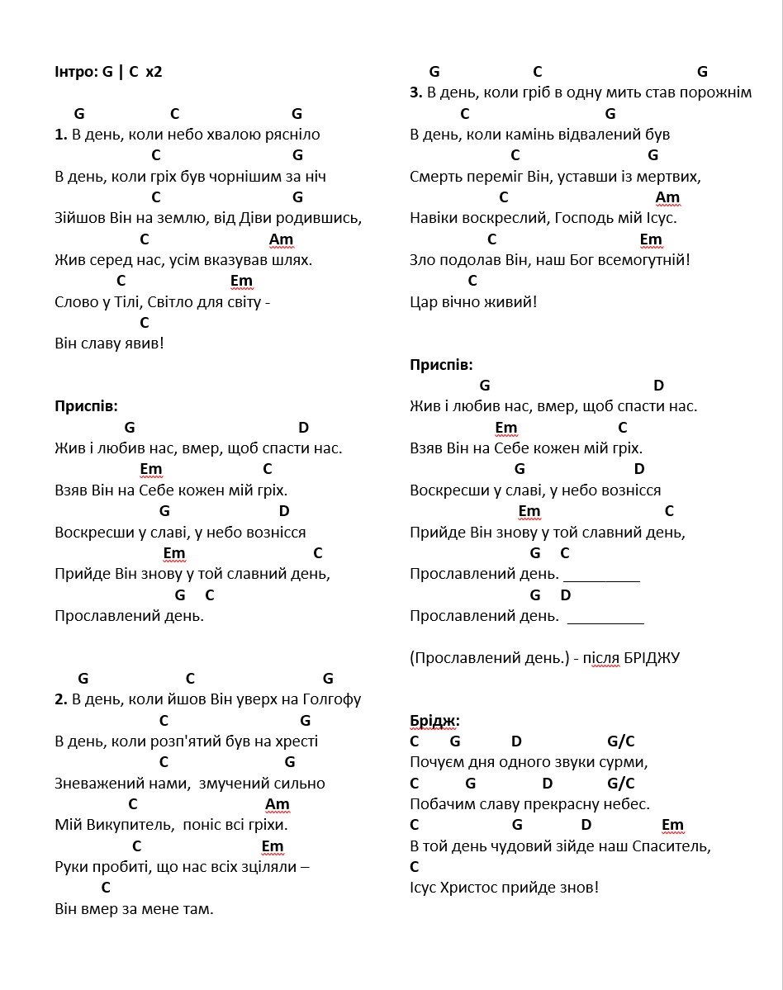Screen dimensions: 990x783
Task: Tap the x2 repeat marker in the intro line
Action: point(154,72)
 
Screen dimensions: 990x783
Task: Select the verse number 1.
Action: point(60,135)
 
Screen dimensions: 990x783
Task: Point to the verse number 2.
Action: point(60,699)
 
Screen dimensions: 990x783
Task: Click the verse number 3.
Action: point(415,92)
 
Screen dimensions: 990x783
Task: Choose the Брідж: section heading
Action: point(434,721)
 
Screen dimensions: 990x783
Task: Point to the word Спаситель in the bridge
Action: point(671,846)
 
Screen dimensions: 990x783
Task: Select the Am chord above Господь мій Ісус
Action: point(667,197)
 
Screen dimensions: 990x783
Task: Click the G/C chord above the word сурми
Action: point(620,741)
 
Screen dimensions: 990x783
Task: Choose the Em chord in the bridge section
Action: point(672,825)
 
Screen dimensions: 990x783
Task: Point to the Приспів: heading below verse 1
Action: point(86,406)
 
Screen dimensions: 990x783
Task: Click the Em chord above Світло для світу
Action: point(241,281)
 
